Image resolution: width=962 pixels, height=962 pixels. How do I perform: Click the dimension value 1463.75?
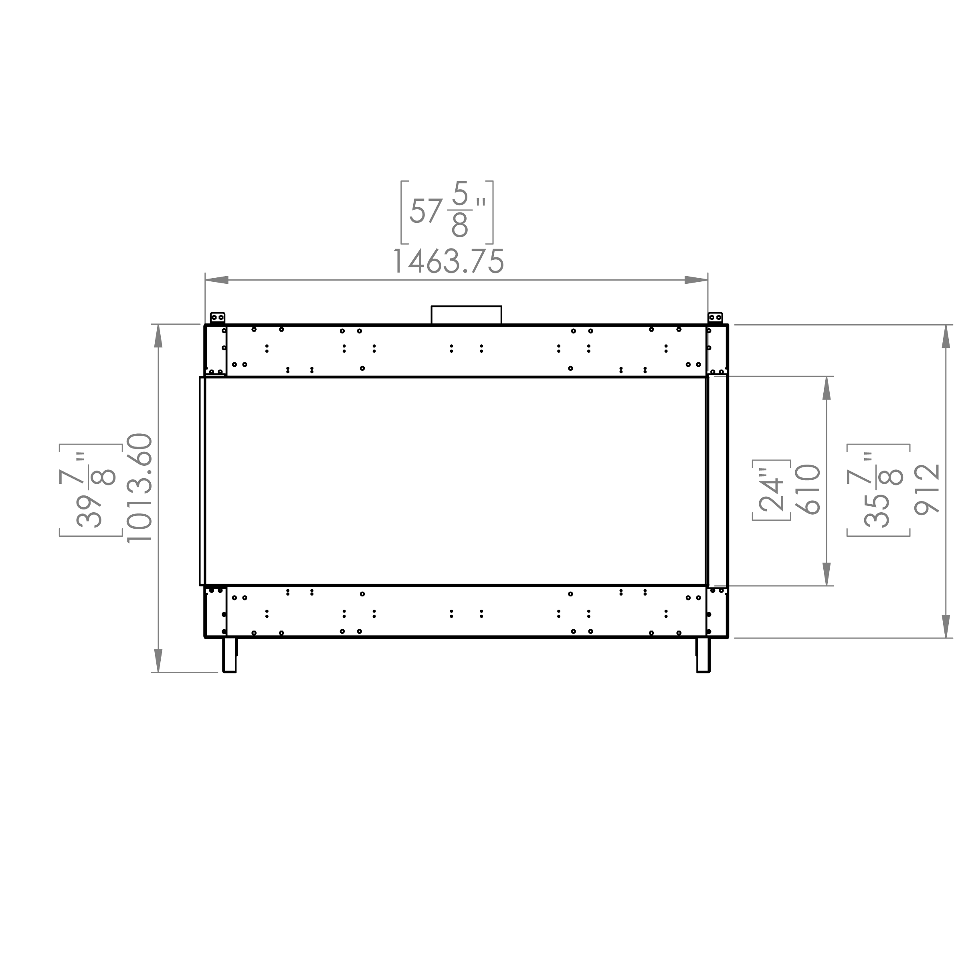click(448, 261)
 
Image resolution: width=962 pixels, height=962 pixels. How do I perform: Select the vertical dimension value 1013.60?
click(139, 487)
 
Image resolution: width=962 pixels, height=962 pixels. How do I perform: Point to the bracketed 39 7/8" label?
click(90, 489)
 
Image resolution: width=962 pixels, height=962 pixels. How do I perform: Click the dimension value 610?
click(807, 489)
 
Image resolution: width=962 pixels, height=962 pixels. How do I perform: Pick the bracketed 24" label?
click(771, 490)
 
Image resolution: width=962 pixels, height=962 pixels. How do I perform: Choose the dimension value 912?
click(927, 489)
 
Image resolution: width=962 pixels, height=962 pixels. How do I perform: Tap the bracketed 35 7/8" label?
click(878, 489)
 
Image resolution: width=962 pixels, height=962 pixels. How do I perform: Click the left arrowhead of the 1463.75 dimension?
click(217, 280)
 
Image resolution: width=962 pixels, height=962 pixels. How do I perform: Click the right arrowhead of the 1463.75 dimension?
click(695, 280)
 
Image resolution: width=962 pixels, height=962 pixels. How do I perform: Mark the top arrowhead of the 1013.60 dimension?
click(158, 336)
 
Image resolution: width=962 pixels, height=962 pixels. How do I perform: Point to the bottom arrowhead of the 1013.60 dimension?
click(158, 660)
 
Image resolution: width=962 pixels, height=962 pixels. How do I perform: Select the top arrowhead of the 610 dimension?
click(827, 388)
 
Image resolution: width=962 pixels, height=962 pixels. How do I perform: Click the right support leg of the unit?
click(703, 655)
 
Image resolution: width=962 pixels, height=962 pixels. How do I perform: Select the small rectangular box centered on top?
click(466, 315)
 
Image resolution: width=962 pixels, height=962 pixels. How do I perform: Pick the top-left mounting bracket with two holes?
click(218, 318)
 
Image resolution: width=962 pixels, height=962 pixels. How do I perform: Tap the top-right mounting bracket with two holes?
click(715, 318)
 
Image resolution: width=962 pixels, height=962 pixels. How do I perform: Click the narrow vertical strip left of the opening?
click(202, 481)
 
